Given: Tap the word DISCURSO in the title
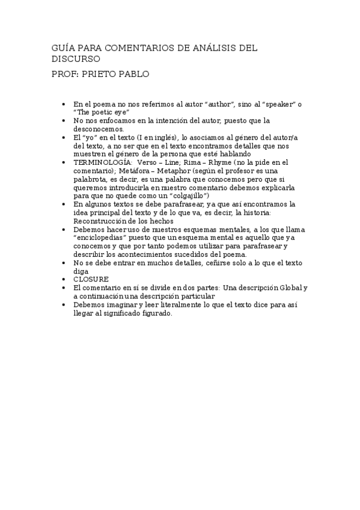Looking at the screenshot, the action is tap(76, 59).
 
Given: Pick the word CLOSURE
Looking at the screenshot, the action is tap(91, 279).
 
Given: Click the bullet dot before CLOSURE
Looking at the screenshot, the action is tap(64, 279).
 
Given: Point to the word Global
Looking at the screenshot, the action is tap(290, 287).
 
